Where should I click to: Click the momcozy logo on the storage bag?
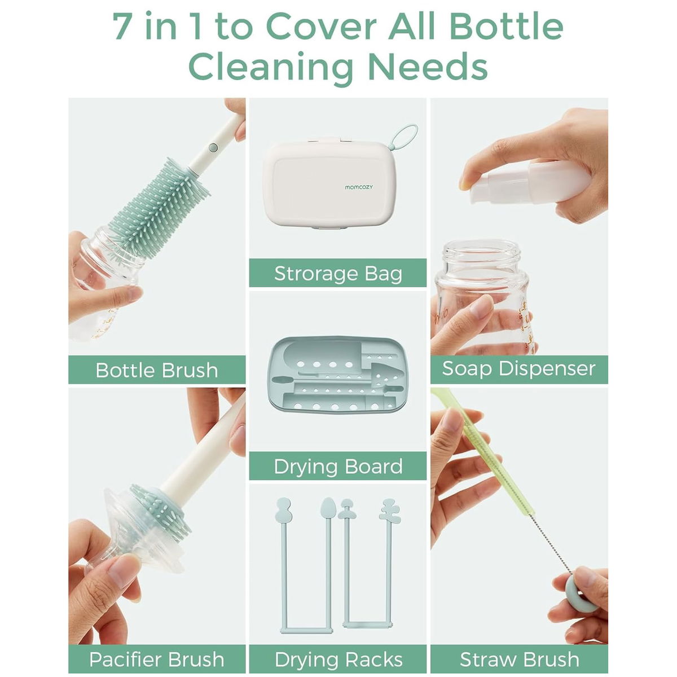pyautogui.click(x=358, y=187)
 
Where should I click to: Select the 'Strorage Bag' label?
pyautogui.click(x=337, y=274)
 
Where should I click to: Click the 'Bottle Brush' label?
pyautogui.click(x=157, y=370)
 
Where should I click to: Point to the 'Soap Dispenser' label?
pyautogui.click(x=518, y=369)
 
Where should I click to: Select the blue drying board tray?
pyautogui.click(x=337, y=374)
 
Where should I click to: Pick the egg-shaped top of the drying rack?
pyautogui.click(x=328, y=507)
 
